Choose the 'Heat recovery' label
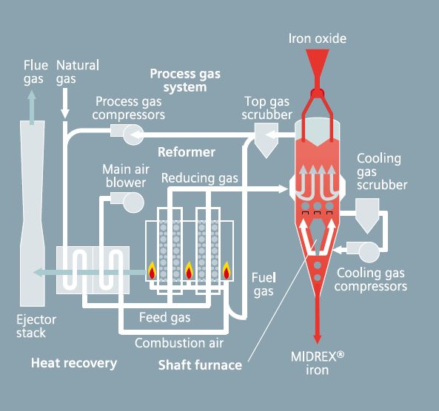73,363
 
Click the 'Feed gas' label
165,318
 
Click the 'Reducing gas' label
200,178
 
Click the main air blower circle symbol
133,201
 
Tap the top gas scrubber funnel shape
264,137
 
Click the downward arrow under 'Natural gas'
65,103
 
